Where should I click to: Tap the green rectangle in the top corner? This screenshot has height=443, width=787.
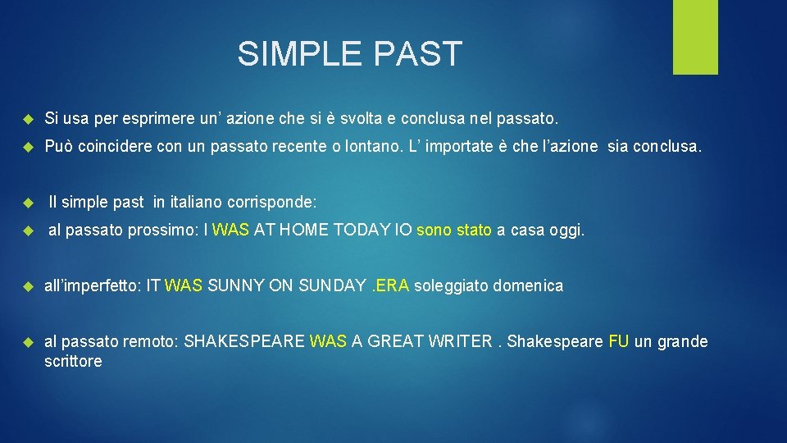pyautogui.click(x=695, y=36)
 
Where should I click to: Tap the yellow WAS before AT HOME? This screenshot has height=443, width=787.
pyautogui.click(x=231, y=231)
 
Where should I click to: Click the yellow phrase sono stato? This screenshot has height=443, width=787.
pyautogui.click(x=454, y=231)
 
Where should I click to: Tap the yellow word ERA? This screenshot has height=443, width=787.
pyautogui.click(x=394, y=286)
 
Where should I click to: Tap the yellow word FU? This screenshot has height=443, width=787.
pyautogui.click(x=619, y=342)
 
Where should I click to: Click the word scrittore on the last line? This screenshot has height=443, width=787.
pyautogui.click(x=73, y=361)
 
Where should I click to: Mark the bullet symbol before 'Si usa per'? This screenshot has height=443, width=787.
pyautogui.click(x=26, y=121)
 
